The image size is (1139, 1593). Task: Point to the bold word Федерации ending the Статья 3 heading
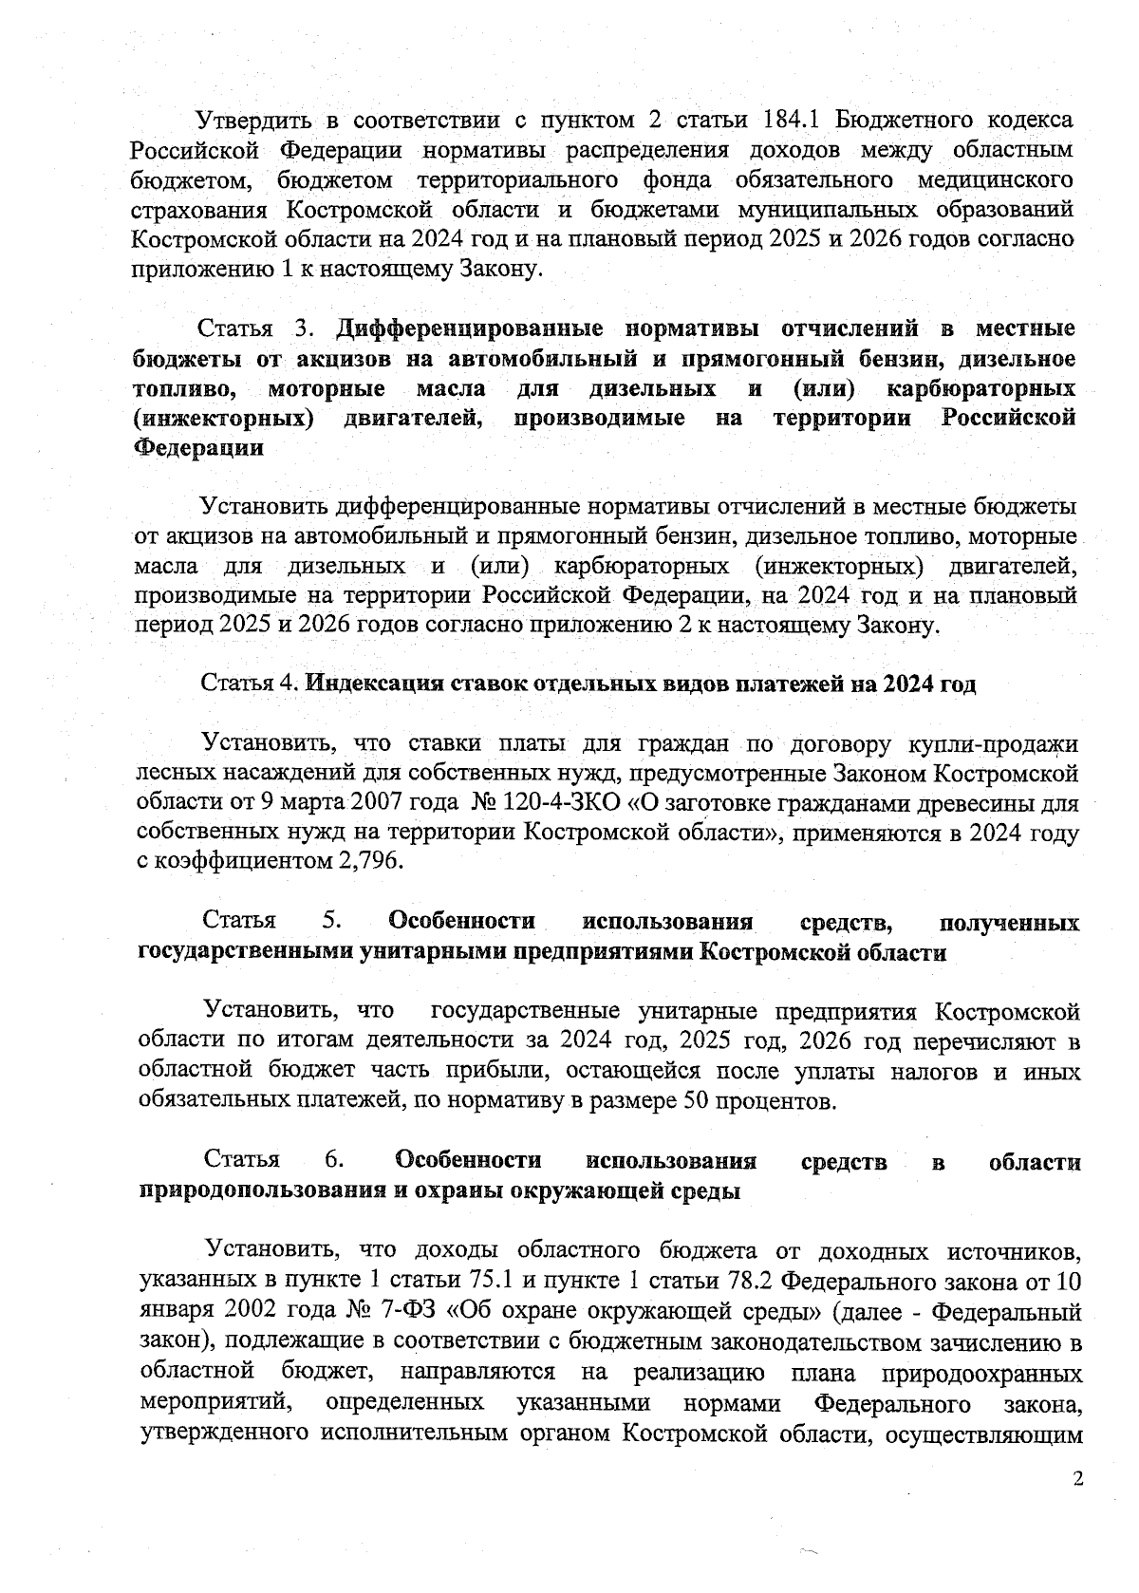[198, 448]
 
